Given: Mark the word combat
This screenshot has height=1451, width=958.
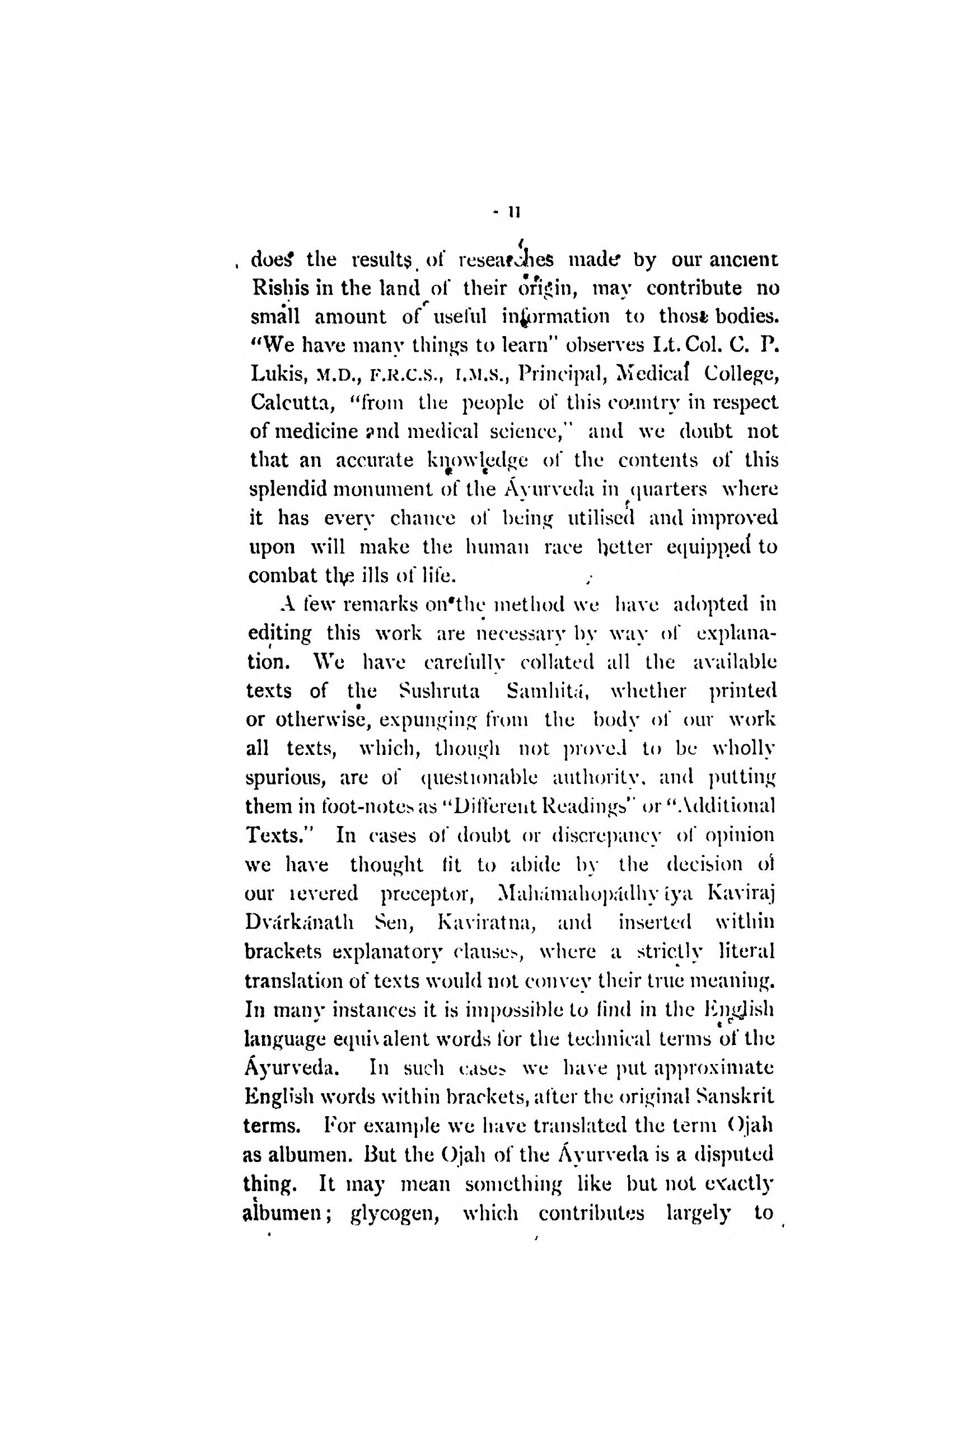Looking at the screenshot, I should point(282,576).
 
